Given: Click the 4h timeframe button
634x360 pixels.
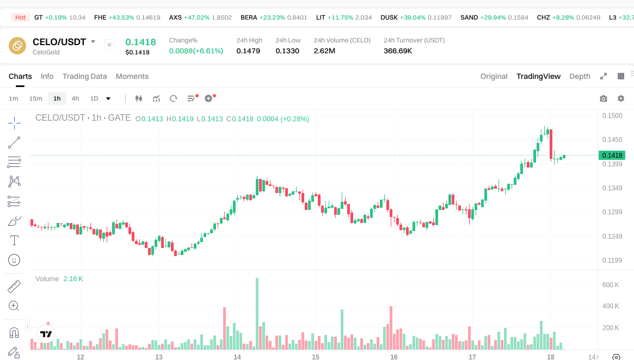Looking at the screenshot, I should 75,98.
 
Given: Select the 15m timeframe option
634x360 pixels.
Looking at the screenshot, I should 35,98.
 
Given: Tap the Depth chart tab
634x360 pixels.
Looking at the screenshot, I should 580,76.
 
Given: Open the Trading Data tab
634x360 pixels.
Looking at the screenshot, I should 84,76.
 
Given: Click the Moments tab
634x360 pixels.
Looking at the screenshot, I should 132,76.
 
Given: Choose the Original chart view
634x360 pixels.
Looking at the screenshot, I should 494,76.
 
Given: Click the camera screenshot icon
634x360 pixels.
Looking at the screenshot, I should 603,98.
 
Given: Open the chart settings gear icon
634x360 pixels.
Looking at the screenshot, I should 620,98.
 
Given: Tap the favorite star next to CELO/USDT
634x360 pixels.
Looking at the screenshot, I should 109,45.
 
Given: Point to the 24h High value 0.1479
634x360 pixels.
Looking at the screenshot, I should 248,51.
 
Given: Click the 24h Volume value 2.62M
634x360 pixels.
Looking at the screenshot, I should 324,51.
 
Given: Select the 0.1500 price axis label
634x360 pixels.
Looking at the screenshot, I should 611,116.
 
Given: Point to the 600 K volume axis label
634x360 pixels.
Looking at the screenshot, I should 610,285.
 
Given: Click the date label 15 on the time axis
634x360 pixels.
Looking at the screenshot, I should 316,357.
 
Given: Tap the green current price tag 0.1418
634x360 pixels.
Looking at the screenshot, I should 612,156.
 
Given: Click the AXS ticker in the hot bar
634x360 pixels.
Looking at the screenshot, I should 175,17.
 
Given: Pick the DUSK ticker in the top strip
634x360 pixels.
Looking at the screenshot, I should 389,17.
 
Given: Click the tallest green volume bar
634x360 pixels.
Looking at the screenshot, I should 257,313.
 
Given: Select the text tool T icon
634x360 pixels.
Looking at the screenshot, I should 14,240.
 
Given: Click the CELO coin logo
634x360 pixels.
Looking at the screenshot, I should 17,46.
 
